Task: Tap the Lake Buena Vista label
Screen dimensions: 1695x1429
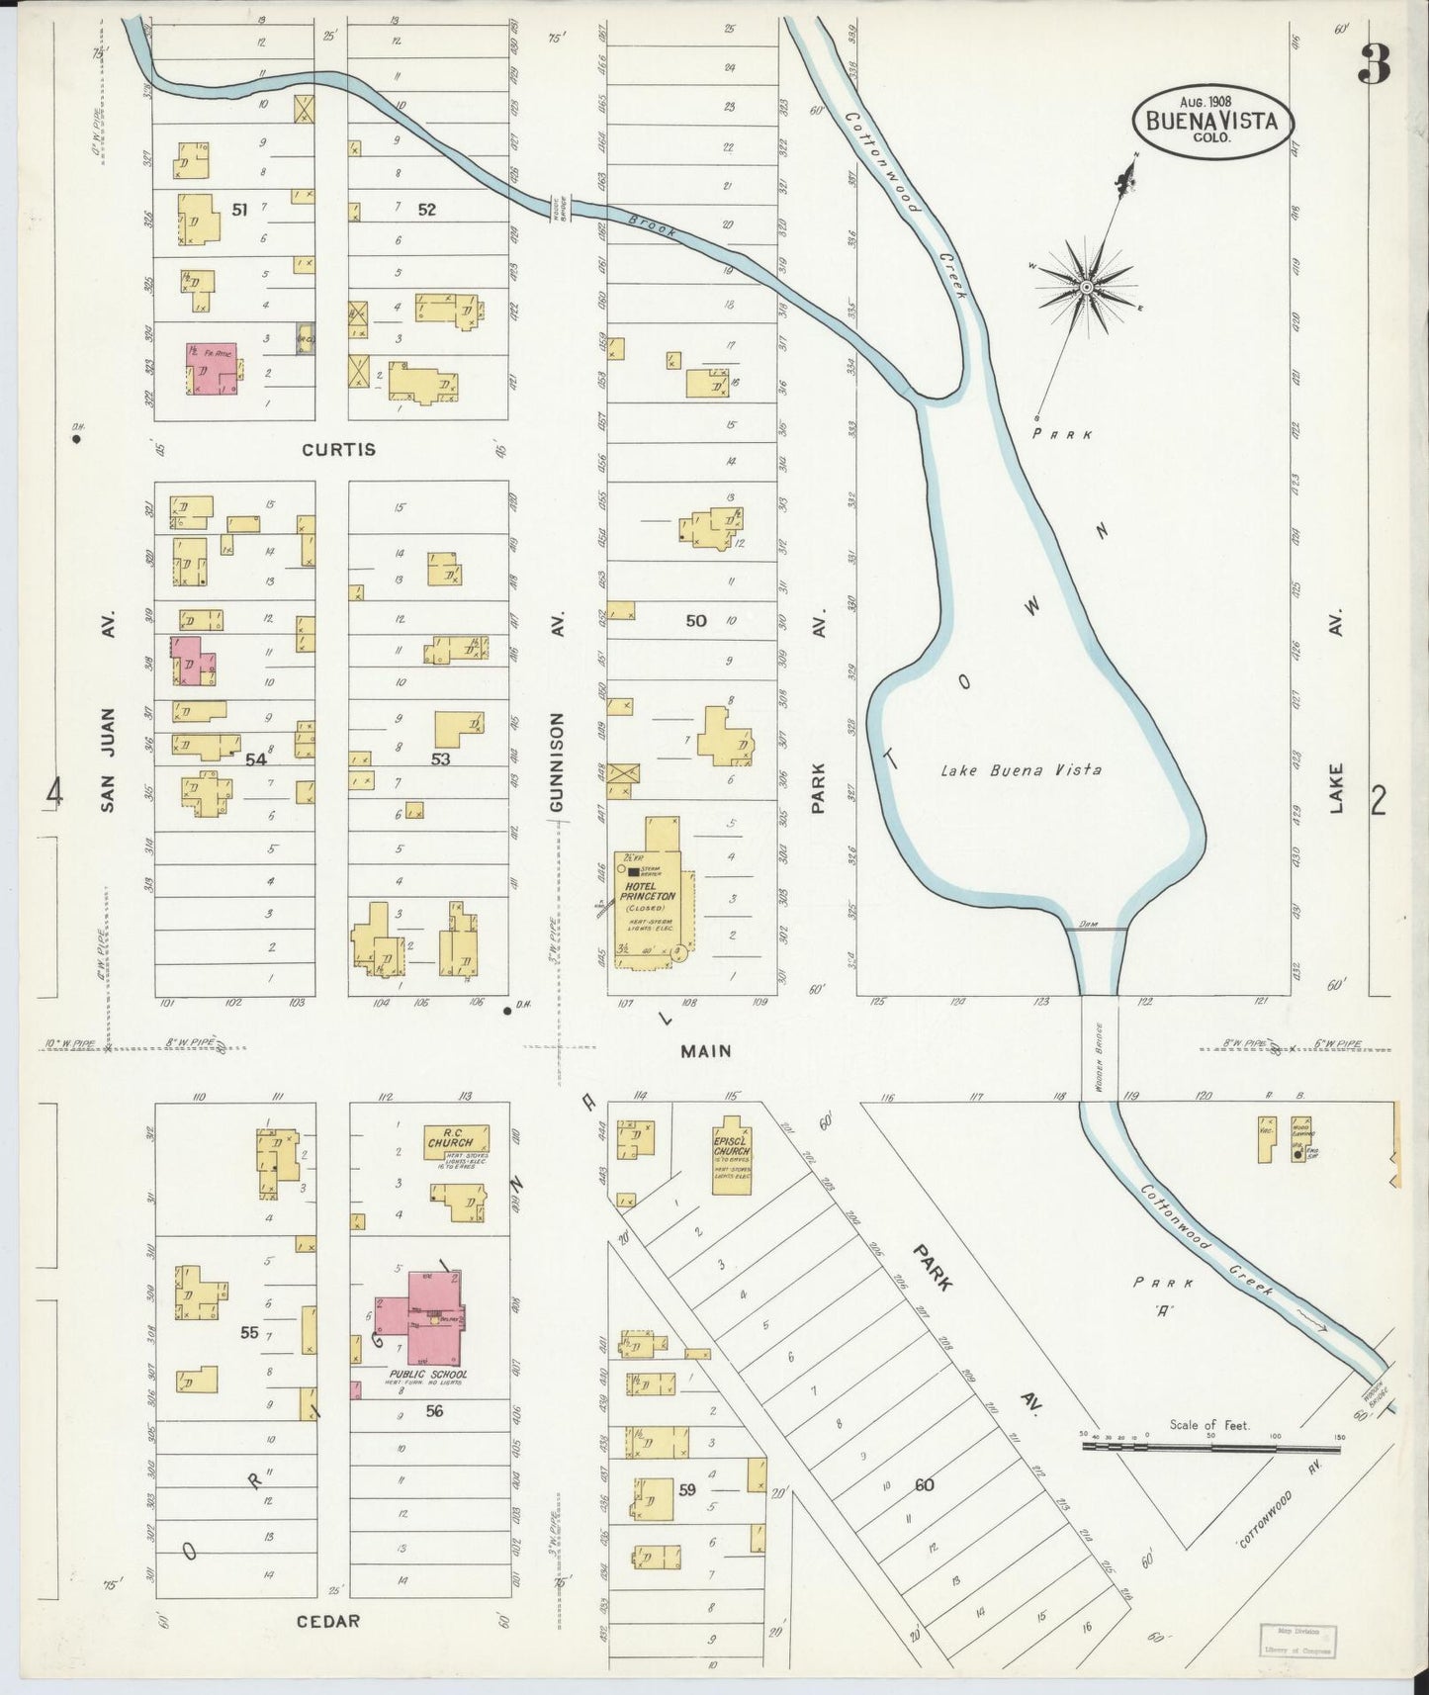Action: [1021, 769]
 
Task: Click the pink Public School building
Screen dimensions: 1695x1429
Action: [423, 1320]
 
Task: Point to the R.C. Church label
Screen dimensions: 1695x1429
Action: [450, 1136]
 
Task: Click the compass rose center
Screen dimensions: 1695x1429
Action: [1086, 287]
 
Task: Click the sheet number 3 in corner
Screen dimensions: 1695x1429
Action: [1374, 65]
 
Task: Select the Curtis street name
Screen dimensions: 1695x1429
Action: [338, 449]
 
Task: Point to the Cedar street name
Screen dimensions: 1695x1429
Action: [326, 1621]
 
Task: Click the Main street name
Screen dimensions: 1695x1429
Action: [705, 1051]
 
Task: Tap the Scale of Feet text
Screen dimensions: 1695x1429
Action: [1208, 1425]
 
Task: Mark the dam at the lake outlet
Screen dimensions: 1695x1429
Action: [1097, 927]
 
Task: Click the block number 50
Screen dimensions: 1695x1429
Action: [696, 620]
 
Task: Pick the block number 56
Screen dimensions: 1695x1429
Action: [434, 1411]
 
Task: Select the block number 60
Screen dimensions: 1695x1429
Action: [924, 1484]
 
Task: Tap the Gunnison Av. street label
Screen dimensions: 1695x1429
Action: [557, 761]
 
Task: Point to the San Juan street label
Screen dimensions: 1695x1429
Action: [108, 759]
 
